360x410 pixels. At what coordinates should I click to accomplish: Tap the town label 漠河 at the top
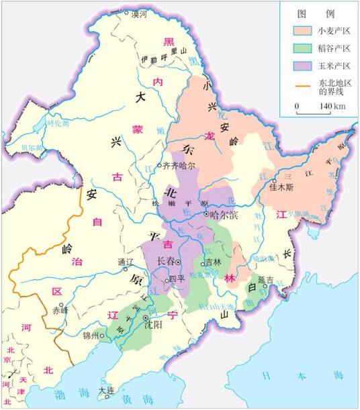tap(138, 13)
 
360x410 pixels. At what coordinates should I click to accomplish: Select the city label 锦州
tap(90, 335)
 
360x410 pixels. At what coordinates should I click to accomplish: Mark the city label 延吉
tap(268, 279)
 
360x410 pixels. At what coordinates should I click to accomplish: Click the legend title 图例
tap(319, 13)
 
